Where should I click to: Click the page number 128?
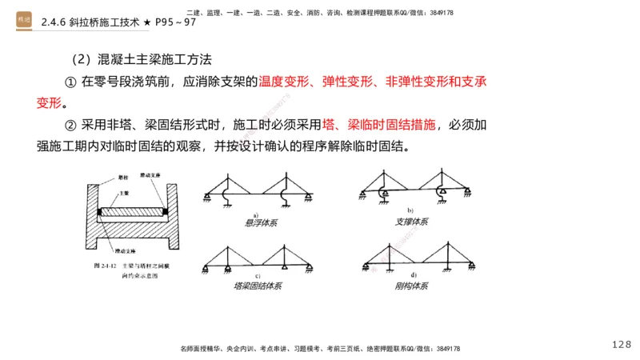[621, 344]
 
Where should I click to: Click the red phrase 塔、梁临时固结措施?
[380, 125]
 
